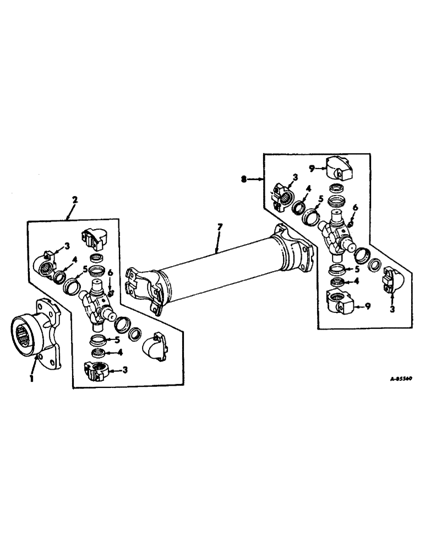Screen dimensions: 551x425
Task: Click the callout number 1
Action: point(32,379)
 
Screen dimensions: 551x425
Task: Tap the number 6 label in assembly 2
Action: point(110,273)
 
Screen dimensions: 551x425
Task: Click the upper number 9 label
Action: point(311,169)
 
